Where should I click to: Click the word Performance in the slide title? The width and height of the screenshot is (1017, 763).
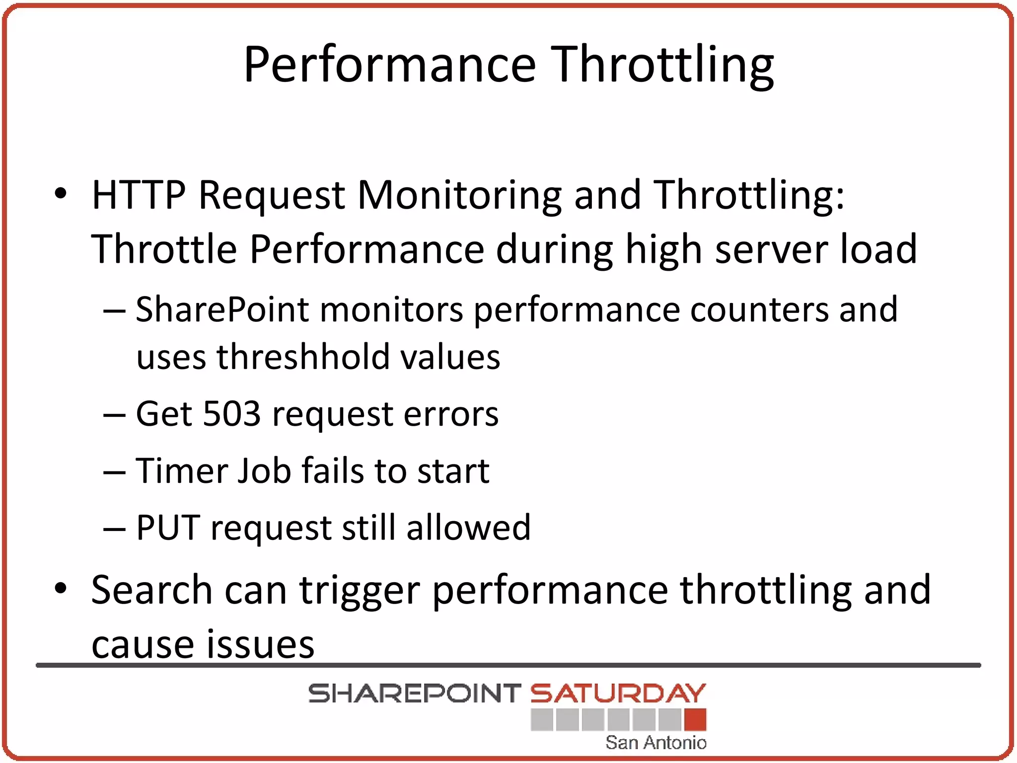coord(390,65)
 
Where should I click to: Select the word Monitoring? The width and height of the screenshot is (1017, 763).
coord(459,195)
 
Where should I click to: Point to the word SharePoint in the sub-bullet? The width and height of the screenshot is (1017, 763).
coord(222,310)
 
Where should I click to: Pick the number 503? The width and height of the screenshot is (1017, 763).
coord(232,414)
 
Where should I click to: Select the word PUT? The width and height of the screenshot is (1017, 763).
coord(168,528)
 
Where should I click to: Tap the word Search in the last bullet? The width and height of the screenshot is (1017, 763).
coord(151,590)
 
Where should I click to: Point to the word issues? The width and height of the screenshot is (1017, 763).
coord(260,645)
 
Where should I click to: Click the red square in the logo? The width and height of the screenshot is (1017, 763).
coord(695,719)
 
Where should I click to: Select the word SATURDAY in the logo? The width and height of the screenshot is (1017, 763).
coord(618,693)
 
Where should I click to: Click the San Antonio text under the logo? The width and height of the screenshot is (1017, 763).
coord(655,743)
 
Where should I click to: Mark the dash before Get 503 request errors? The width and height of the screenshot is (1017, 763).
coord(114,415)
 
